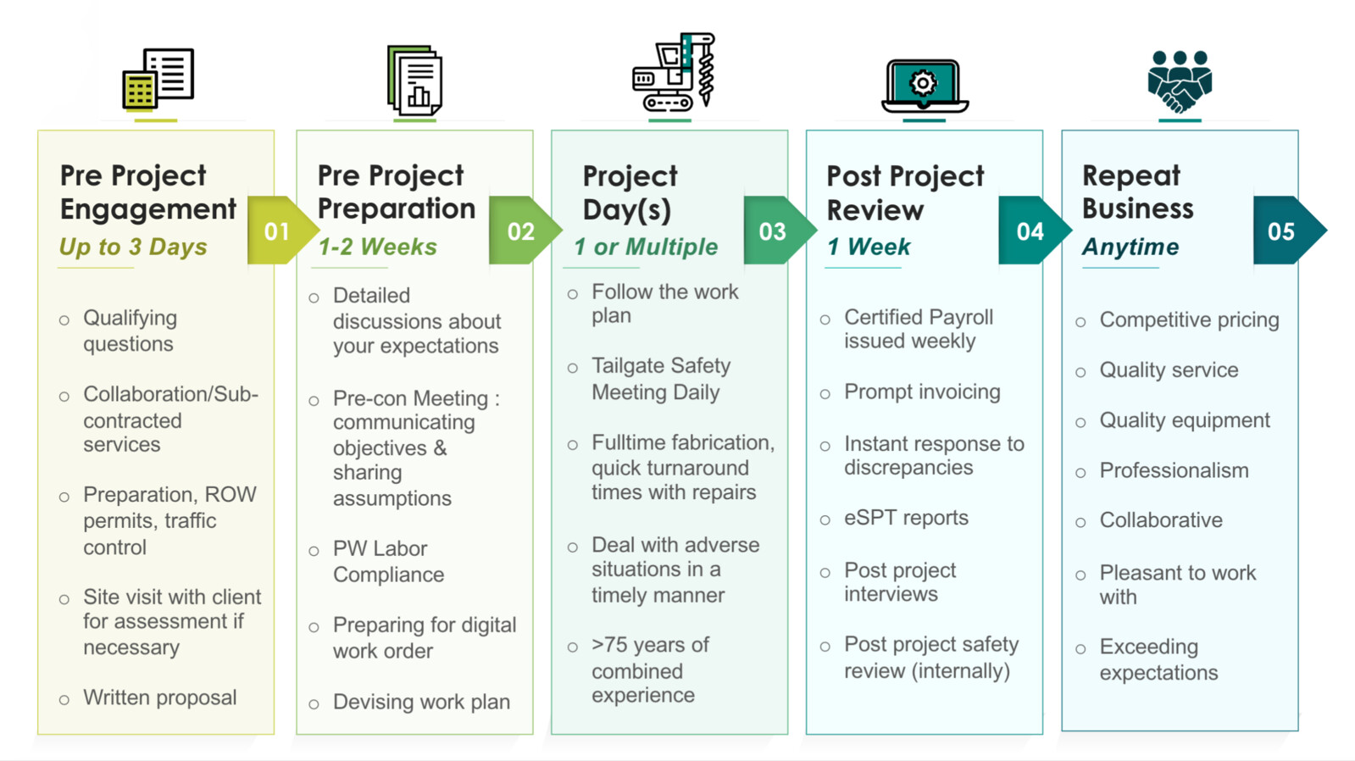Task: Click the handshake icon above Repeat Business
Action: click(1180, 81)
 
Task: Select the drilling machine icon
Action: click(675, 73)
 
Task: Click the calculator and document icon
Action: click(158, 79)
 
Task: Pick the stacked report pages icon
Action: click(414, 81)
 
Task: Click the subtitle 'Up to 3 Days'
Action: click(133, 247)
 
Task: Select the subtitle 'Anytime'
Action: click(1130, 247)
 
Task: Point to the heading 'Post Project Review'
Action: click(905, 192)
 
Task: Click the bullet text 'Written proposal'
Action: click(159, 697)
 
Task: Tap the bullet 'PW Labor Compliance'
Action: click(388, 561)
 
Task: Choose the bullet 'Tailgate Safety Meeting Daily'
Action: click(660, 379)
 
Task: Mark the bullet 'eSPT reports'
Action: click(906, 518)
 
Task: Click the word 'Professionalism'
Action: click(1174, 470)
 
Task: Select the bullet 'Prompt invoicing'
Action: click(922, 392)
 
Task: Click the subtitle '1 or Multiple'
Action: click(646, 247)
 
